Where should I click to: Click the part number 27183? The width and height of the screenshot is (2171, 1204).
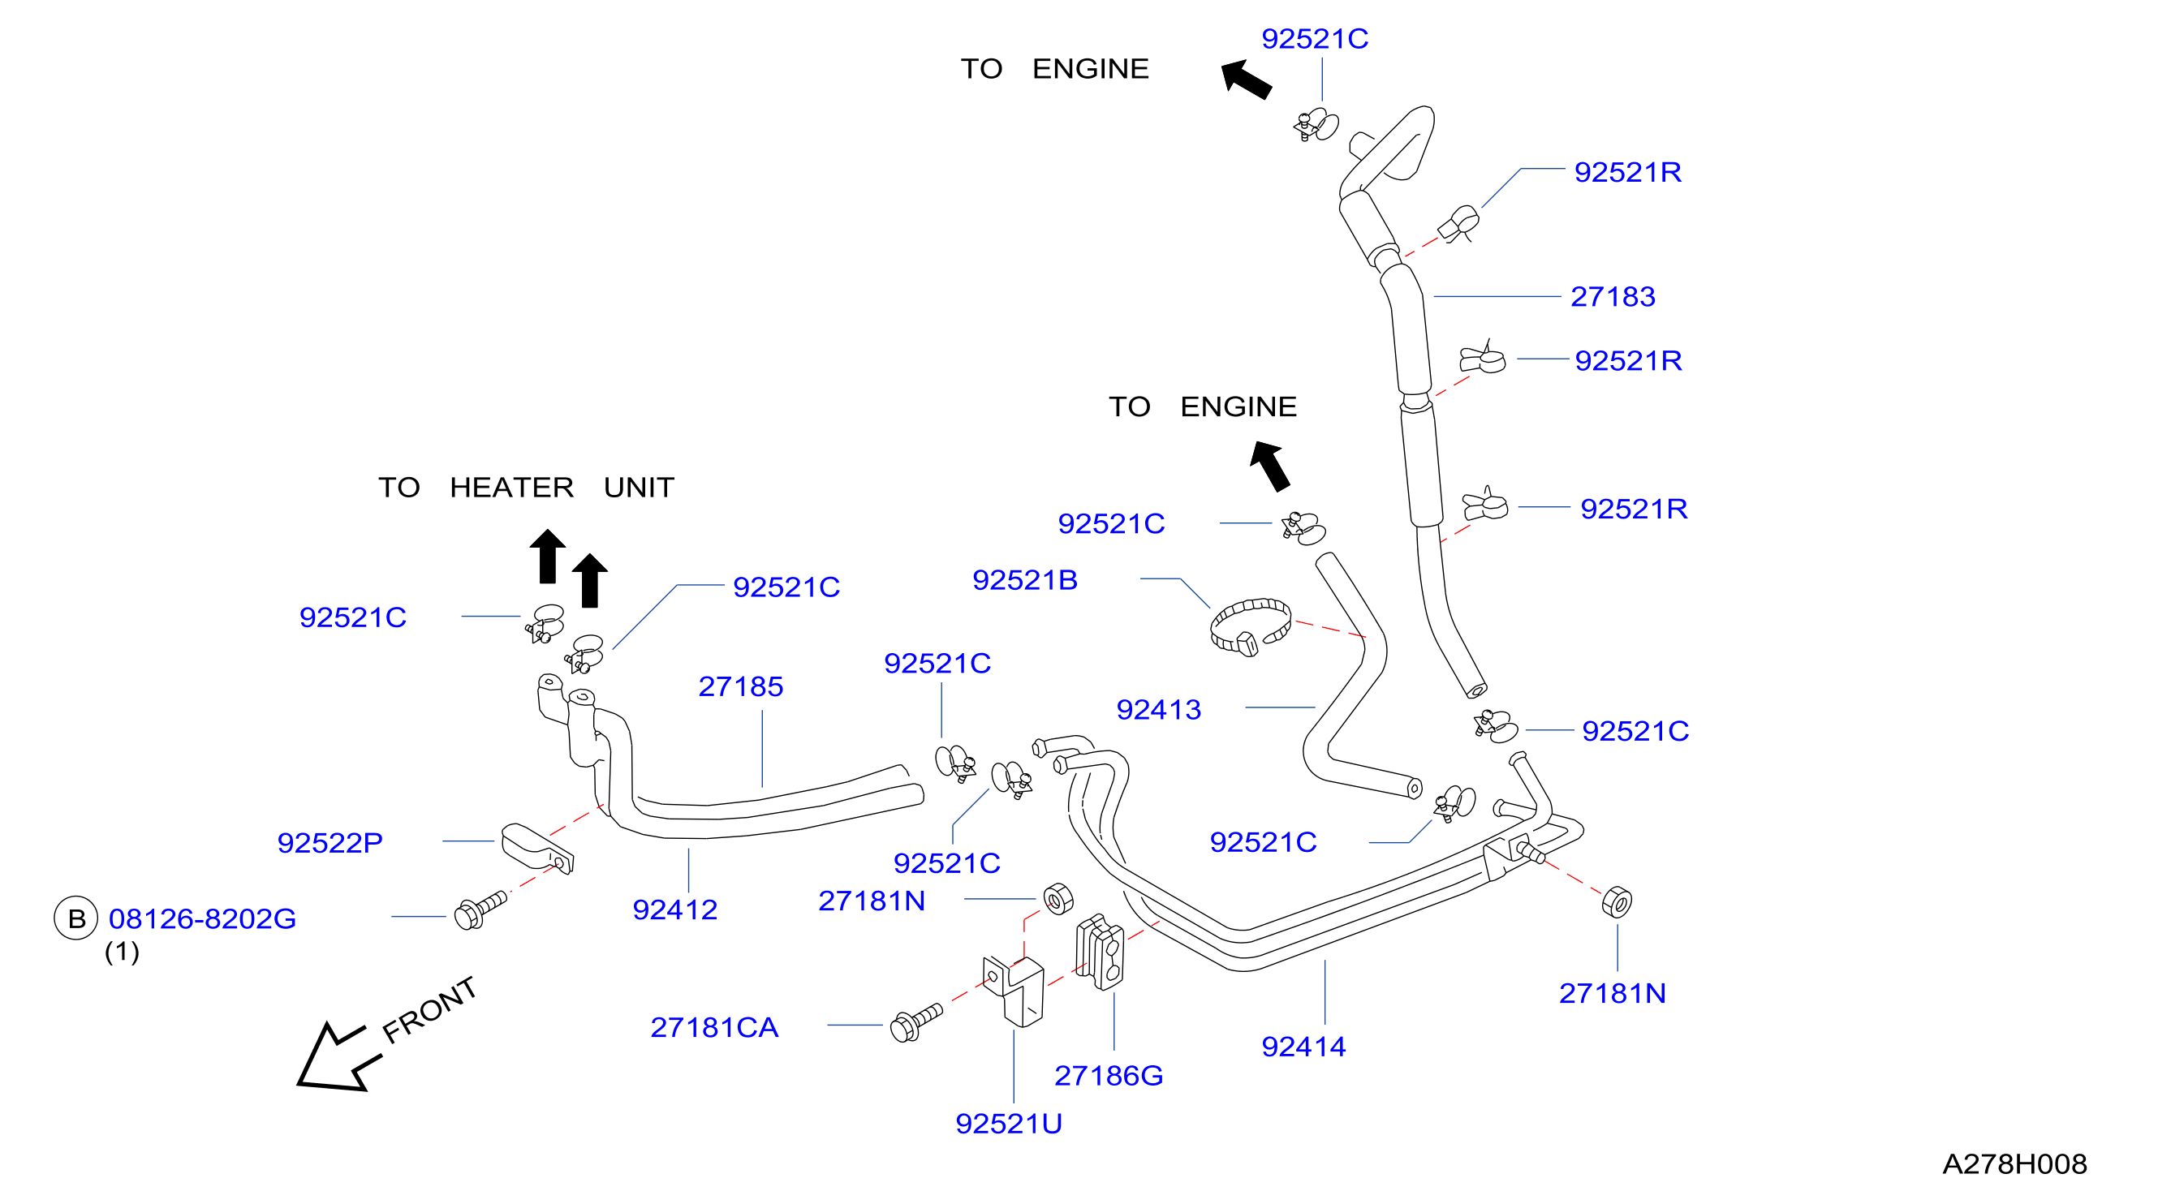pos(1613,297)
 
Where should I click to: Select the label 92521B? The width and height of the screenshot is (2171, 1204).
pos(1025,579)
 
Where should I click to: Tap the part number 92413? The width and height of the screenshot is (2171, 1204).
pos(1159,709)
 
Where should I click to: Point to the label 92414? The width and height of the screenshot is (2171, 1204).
pos(1303,1047)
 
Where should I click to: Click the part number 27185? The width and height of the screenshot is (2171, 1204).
pos(741,686)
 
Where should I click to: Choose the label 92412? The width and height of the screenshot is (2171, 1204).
pos(675,910)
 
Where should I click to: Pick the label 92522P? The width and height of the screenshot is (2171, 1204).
pos(330,842)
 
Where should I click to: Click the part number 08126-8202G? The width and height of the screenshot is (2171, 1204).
pos(202,918)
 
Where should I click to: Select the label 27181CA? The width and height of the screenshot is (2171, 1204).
pos(715,1027)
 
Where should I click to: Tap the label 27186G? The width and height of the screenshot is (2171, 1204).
pos(1109,1075)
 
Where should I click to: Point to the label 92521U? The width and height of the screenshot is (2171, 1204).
pos(1009,1123)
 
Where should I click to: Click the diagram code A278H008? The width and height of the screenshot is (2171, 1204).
pos(2015,1163)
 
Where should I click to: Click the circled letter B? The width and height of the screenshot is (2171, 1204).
pos(75,918)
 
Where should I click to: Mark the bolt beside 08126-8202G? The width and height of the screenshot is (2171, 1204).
pos(480,910)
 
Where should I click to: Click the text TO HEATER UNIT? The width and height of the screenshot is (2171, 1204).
pos(526,487)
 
